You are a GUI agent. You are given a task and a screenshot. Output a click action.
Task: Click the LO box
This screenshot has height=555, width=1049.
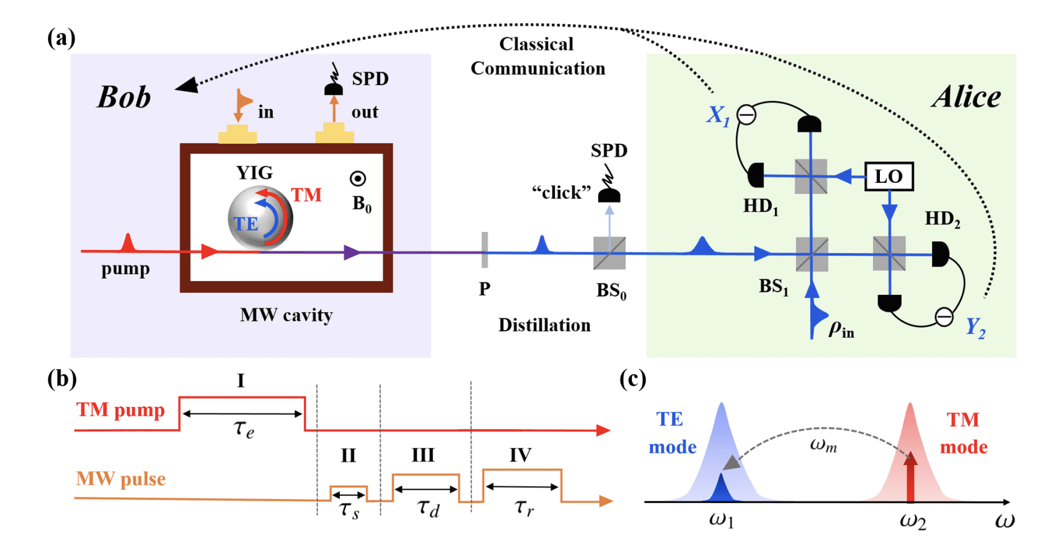coord(889,177)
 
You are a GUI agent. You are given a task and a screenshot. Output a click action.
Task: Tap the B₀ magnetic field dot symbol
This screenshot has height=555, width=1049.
coord(358,179)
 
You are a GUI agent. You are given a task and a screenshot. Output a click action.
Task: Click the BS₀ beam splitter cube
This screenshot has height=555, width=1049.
coord(609,253)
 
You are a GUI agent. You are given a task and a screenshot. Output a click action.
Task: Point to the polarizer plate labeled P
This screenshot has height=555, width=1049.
coord(485,250)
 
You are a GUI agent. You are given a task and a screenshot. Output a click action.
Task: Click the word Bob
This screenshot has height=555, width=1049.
coord(123,97)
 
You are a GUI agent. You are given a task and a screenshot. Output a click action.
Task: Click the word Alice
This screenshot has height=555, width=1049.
coord(966,96)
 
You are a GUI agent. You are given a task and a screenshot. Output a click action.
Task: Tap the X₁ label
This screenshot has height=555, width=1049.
coord(718,115)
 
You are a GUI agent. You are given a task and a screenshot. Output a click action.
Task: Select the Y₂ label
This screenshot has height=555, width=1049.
coord(976,327)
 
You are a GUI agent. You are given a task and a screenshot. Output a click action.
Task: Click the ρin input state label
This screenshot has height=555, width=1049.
coord(841,329)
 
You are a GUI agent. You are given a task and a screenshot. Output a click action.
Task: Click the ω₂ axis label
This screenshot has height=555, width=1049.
coord(912,520)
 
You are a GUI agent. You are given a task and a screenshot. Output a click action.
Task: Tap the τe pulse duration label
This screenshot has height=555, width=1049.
coord(243,429)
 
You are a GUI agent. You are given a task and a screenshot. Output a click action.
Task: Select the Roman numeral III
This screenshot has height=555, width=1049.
coord(423,455)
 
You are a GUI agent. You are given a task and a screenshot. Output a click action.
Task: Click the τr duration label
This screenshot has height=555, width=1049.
coord(524,507)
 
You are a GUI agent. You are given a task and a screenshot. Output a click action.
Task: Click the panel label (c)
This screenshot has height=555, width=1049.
coord(632,379)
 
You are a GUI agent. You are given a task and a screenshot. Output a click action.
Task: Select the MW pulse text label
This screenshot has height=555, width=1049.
coord(121,479)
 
